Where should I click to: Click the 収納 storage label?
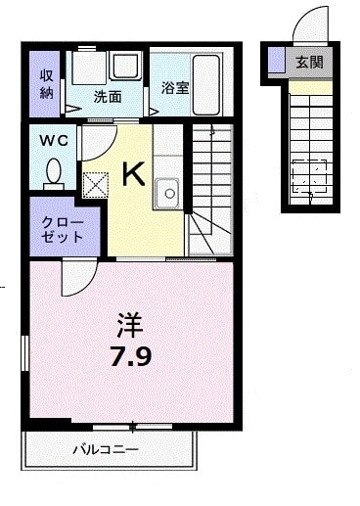(45, 84)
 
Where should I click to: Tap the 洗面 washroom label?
(107, 97)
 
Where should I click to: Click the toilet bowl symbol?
(53, 172)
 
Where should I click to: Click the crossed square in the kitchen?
(97, 184)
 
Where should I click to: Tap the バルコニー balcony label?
(107, 450)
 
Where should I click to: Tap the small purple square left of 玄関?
(277, 61)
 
